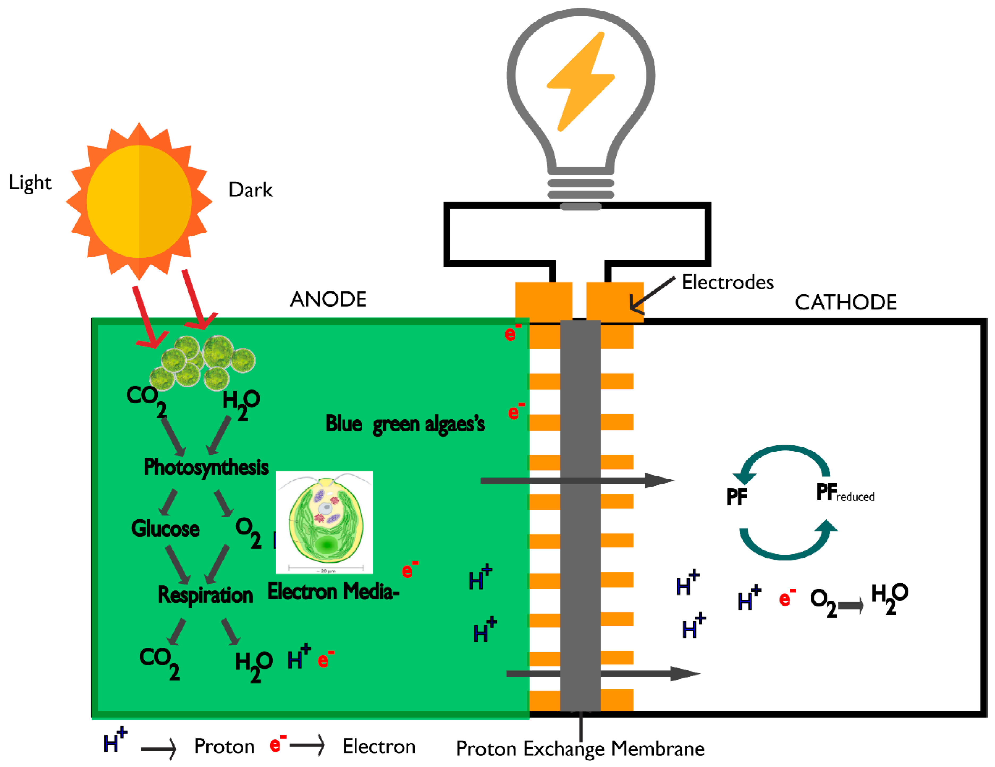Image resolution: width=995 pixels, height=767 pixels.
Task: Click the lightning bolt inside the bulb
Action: click(x=581, y=82)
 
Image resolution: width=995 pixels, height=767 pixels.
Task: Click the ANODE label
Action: click(x=328, y=299)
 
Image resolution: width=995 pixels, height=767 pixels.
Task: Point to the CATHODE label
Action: click(x=846, y=303)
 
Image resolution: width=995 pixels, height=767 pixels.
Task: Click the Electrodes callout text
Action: click(x=728, y=283)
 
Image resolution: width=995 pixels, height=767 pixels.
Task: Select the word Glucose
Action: click(x=165, y=529)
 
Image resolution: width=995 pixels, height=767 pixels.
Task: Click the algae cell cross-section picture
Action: click(x=324, y=522)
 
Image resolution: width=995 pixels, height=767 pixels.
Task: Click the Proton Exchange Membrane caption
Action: click(x=580, y=748)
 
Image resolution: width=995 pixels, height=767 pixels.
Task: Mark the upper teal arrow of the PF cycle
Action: click(x=785, y=458)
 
